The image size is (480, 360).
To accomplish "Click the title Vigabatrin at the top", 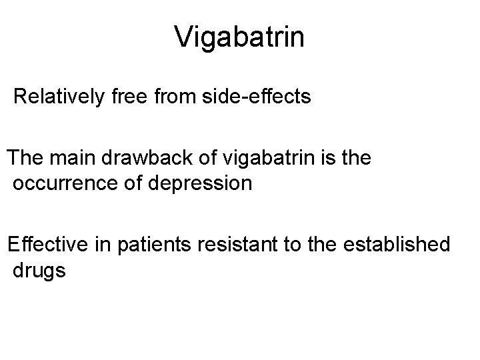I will click(239, 37).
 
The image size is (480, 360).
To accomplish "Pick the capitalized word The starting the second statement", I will click(26, 161).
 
